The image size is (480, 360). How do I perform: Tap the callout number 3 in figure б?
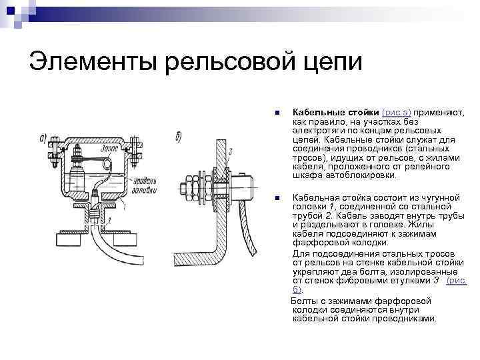[x=229, y=153]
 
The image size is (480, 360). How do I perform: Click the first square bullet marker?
[x=278, y=113]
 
